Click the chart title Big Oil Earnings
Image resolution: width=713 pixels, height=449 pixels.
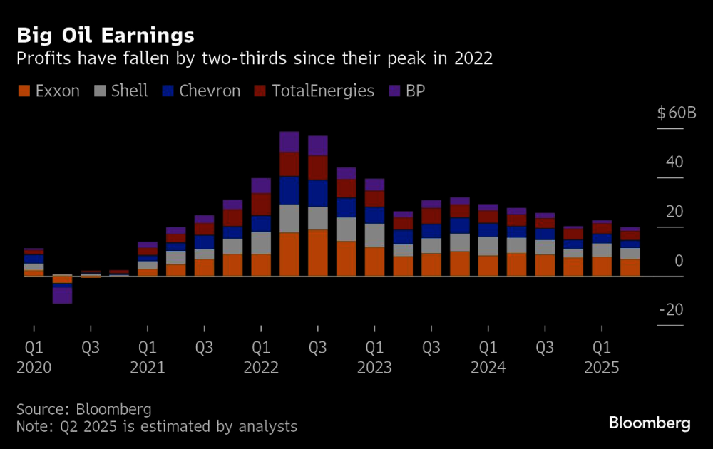pos(106,35)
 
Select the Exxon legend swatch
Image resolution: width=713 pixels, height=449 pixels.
pos(24,91)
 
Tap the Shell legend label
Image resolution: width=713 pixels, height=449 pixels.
pos(129,91)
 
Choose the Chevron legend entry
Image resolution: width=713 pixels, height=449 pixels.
pos(210,91)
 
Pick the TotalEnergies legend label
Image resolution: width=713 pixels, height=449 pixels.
pos(323,91)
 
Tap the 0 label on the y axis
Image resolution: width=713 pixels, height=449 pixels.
pos(678,261)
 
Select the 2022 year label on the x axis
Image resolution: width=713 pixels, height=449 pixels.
pos(261,368)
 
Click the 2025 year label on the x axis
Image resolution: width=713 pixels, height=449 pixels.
pos(602,368)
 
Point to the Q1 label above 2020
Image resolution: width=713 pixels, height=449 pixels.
pos(34,349)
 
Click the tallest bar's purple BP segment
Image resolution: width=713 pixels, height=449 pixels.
pos(289,142)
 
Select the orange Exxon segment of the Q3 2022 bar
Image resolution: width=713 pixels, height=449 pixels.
pos(318,253)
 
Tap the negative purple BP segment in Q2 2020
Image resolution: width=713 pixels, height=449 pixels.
pos(62,295)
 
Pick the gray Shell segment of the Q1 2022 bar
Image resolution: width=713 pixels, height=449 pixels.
pos(261,243)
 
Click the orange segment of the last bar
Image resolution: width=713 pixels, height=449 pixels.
pos(630,267)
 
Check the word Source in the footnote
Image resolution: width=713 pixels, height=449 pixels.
pos(41,409)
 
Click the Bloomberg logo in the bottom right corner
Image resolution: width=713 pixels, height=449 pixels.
pos(650,423)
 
